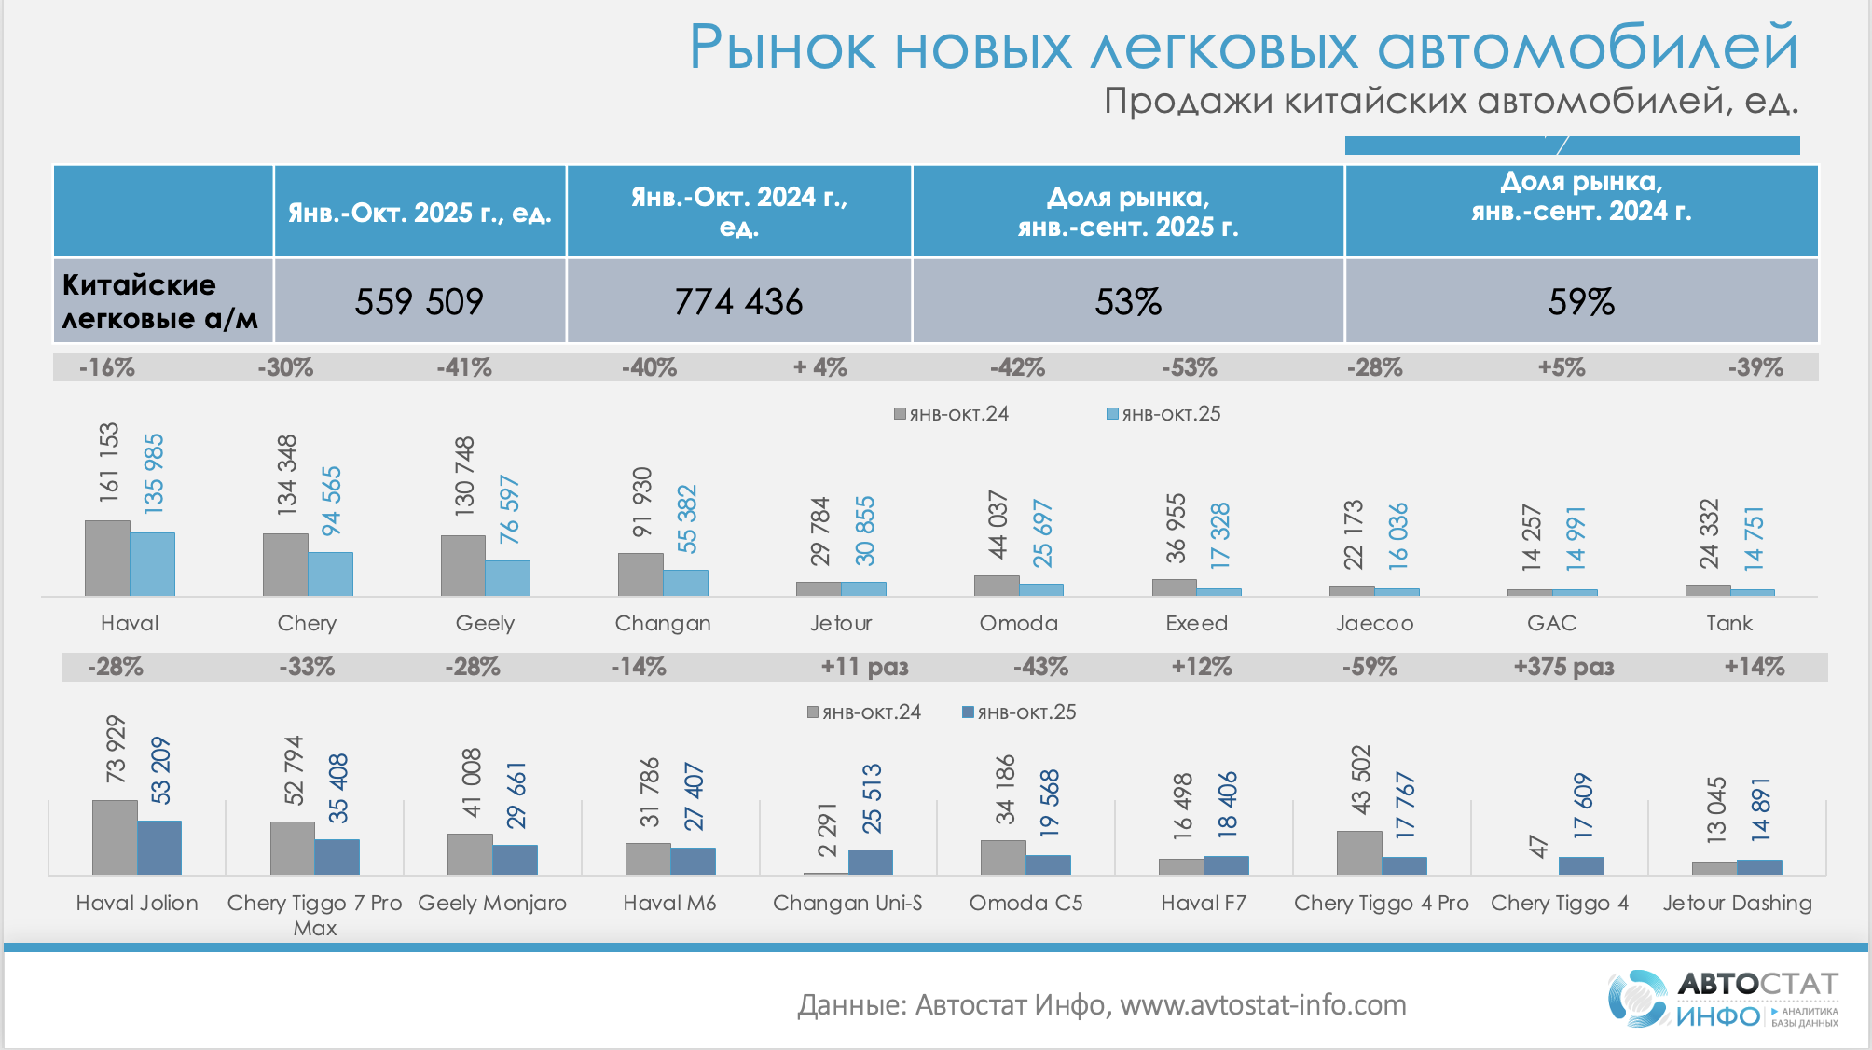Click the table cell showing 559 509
pyautogui.click(x=420, y=301)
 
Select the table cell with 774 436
pyautogui.click(x=738, y=301)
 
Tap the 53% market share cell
pyautogui.click(x=1128, y=301)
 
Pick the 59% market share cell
pyautogui.click(x=1581, y=301)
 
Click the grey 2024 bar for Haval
pyautogui.click(x=107, y=559)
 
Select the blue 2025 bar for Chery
pyautogui.click(x=331, y=574)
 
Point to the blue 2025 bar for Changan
pyautogui.click(x=686, y=583)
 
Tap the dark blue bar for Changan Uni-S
pyautogui.click(x=871, y=862)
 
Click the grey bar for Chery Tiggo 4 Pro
pyautogui.click(x=1359, y=852)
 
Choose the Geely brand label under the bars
pyautogui.click(x=485, y=623)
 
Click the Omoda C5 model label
pyautogui.click(x=1025, y=903)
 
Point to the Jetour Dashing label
pyautogui.click(x=1737, y=903)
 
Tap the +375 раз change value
pyautogui.click(x=1563, y=667)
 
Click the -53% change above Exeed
pyautogui.click(x=1190, y=367)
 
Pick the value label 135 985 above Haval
pyautogui.click(x=154, y=473)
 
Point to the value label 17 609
pyautogui.click(x=1583, y=805)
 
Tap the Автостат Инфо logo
pyautogui.click(x=1723, y=999)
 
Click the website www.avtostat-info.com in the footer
pyautogui.click(x=1263, y=1004)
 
